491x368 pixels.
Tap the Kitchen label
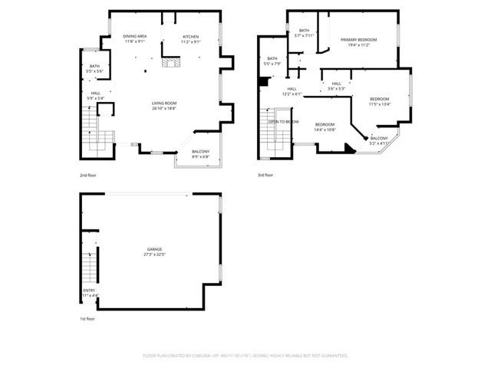coord(190,36)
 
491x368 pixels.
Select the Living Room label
coord(163,103)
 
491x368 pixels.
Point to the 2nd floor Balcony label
coord(200,151)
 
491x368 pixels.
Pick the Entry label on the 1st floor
coord(89,290)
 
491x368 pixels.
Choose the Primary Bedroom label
coord(358,40)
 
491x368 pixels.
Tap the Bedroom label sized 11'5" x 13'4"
coord(379,99)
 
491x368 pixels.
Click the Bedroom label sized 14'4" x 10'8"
coord(325,124)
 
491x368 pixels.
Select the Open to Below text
coord(283,121)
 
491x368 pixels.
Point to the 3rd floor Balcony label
coord(379,138)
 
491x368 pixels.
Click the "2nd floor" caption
coord(88,176)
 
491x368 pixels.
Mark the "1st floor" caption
coord(88,318)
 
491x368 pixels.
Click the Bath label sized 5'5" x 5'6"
coord(94,66)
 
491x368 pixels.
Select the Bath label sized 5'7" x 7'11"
coord(304,31)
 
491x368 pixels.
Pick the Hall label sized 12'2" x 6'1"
coord(292,89)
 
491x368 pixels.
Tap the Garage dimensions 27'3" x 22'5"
coord(155,255)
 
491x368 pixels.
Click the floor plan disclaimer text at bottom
coord(245,356)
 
